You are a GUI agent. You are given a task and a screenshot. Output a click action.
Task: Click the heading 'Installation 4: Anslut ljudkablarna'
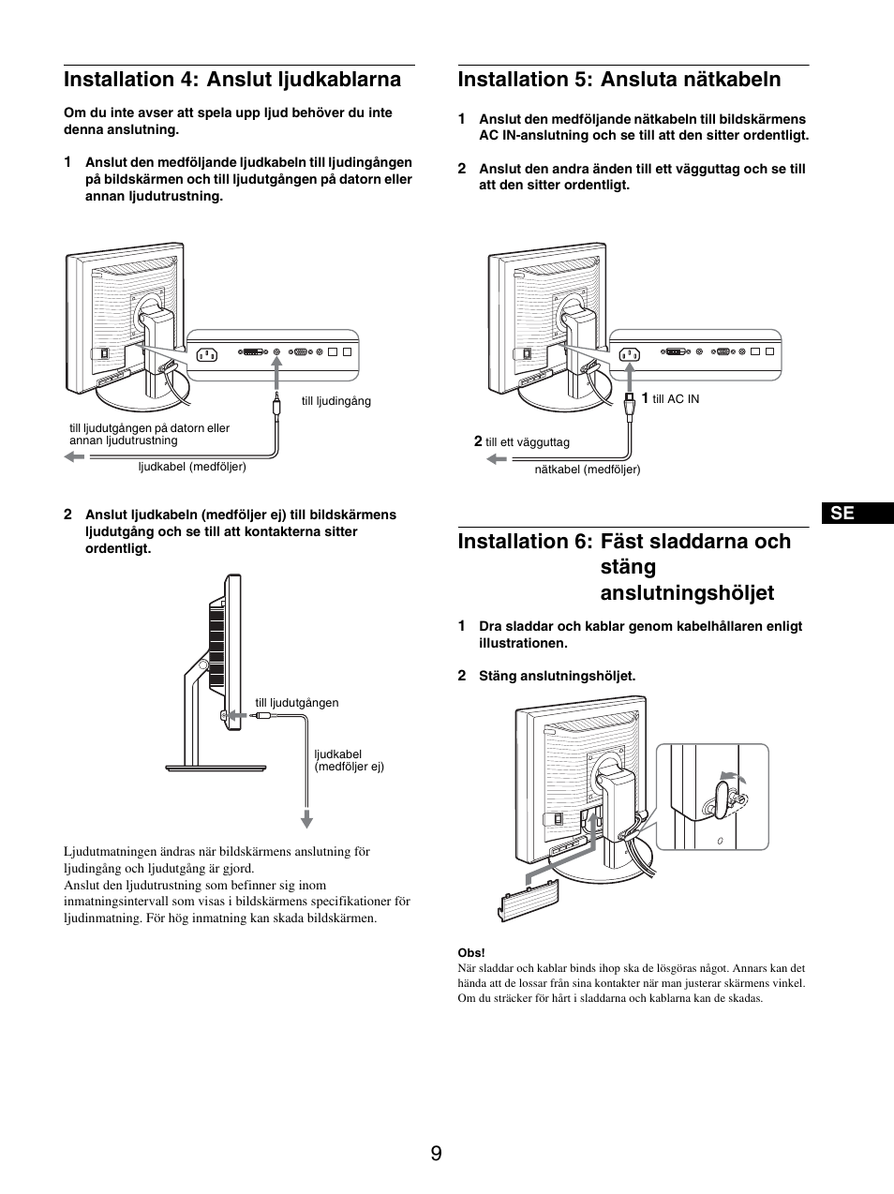coord(232,80)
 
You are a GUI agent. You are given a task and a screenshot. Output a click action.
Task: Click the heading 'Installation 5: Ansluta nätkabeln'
coord(618,80)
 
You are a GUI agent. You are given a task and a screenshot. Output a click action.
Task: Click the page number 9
coord(437,1154)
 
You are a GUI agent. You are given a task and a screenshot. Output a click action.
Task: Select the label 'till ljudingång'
coord(335,401)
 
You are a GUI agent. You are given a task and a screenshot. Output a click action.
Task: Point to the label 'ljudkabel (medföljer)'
coord(192,467)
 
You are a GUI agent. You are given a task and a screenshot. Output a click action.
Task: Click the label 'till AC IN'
coord(676,399)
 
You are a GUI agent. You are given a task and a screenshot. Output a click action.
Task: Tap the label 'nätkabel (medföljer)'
coord(588,470)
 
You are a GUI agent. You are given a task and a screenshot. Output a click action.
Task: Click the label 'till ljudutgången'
coord(297,703)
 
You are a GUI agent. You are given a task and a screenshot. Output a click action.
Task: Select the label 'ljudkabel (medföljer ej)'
coord(349,760)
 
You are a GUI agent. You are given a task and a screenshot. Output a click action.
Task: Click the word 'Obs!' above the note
coord(471,953)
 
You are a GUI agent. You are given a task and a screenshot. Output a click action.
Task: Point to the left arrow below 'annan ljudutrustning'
coord(74,456)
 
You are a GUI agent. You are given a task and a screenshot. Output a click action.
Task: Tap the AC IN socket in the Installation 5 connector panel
coord(627,353)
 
